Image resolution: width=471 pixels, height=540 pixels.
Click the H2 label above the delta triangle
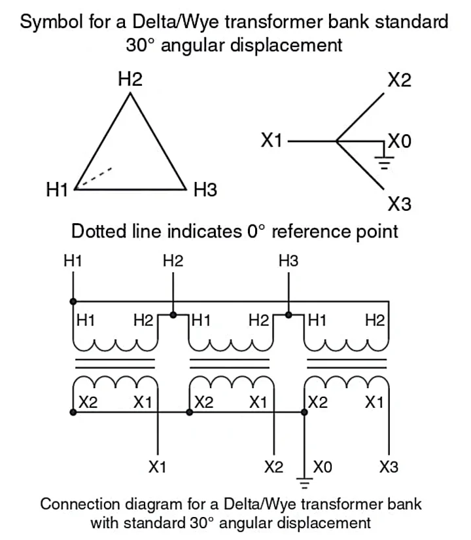pyautogui.click(x=130, y=80)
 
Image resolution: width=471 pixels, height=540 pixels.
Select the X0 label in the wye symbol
pyautogui.click(x=400, y=141)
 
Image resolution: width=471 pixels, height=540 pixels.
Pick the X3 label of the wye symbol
pyautogui.click(x=399, y=204)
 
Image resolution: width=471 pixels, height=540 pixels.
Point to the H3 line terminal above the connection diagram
pyautogui.click(x=288, y=261)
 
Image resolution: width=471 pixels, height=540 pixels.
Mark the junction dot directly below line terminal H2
pyautogui.click(x=173, y=315)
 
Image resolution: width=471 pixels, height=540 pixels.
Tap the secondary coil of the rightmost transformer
pyautogui.click(x=347, y=380)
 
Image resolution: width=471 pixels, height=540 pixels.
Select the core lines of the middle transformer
pyautogui.click(x=230, y=363)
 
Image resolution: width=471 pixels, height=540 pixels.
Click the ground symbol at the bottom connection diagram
pyautogui.click(x=304, y=482)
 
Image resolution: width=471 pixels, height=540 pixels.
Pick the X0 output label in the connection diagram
pyautogui.click(x=323, y=467)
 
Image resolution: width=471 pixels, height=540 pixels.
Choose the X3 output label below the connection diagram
pyautogui.click(x=389, y=467)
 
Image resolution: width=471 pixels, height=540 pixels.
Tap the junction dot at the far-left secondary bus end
pyautogui.click(x=73, y=412)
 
